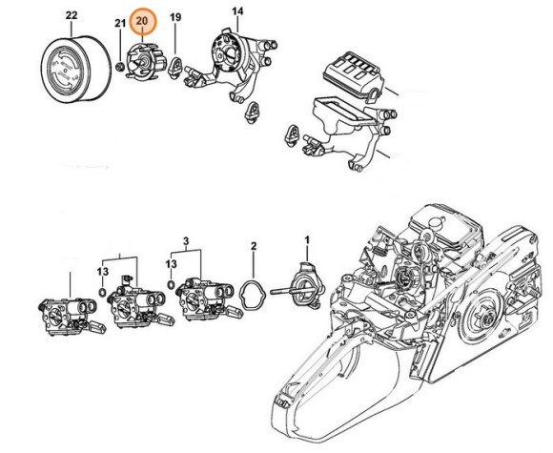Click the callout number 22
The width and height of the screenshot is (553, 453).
click(72, 15)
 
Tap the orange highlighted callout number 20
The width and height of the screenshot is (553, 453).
click(143, 20)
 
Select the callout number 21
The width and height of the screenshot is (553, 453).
click(119, 22)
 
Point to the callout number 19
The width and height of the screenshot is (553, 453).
click(175, 18)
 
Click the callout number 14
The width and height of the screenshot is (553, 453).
click(237, 10)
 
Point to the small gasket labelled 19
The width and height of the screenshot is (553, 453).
click(175, 65)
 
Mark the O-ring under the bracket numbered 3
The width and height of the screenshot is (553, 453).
click(168, 283)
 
